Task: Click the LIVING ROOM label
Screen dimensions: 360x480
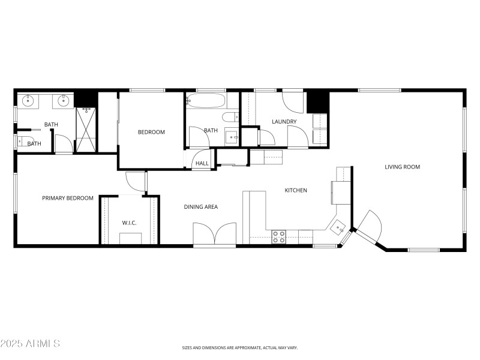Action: click(402, 167)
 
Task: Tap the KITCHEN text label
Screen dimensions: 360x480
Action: click(296, 190)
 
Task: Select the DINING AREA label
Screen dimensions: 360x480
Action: click(200, 207)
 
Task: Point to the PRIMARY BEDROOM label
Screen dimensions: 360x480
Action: click(67, 198)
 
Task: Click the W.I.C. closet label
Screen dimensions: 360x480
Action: click(129, 223)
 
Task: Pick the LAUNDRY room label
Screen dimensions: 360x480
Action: click(284, 122)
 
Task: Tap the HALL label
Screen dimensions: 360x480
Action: click(202, 163)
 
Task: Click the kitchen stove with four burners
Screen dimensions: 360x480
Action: click(279, 236)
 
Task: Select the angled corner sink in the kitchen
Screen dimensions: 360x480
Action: click(338, 227)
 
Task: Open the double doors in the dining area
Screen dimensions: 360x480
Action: click(214, 233)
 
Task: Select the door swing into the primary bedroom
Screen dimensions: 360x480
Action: click(135, 181)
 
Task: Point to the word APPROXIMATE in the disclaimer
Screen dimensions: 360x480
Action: click(248, 347)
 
